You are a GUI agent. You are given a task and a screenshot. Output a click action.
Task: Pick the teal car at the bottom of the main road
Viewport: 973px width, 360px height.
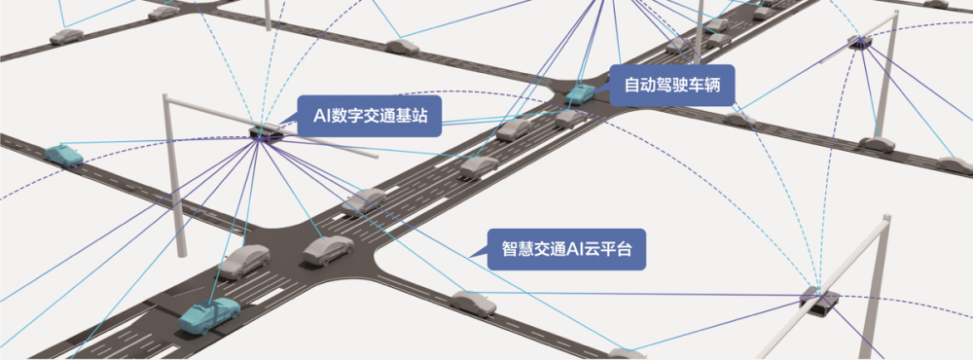[x=209, y=313]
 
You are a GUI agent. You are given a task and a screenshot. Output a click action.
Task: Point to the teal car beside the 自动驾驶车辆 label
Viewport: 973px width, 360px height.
[x=581, y=93]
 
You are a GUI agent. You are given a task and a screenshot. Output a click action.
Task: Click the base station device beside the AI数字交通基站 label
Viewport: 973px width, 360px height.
[x=262, y=132]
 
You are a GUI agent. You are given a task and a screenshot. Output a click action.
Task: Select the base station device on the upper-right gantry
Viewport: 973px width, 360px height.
[x=860, y=41]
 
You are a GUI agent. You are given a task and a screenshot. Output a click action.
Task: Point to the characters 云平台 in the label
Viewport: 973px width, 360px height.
[x=608, y=248]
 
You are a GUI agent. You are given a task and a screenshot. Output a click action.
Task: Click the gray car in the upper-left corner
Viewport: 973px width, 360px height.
[x=67, y=35]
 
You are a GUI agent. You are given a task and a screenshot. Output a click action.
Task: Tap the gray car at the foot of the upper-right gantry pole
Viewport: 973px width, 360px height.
[x=876, y=144]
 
